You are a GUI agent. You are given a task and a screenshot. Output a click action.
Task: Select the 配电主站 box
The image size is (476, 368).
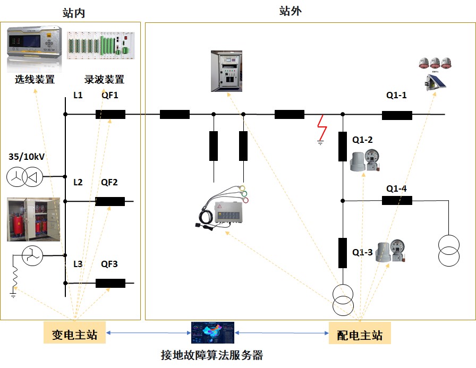(x=360, y=335)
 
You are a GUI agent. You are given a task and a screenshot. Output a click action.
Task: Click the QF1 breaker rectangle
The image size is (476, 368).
(x=110, y=114)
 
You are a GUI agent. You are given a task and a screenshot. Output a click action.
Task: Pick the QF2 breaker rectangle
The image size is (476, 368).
(x=110, y=201)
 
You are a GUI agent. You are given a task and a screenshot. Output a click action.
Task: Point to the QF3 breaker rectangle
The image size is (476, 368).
(x=110, y=283)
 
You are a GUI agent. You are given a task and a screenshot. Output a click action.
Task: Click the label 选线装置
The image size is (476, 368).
(x=35, y=80)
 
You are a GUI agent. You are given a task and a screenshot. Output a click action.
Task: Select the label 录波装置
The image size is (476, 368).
(x=105, y=80)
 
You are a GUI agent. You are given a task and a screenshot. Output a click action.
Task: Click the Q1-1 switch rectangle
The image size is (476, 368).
(x=397, y=115)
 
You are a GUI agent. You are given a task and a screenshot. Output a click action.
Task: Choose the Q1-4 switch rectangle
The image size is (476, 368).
(x=397, y=200)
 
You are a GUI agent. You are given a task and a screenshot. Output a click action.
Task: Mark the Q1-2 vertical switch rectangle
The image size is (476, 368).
(x=343, y=147)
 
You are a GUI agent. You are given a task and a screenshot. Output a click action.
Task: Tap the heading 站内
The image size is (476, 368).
(x=74, y=13)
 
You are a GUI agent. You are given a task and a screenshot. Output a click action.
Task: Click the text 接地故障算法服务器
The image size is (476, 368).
(x=212, y=355)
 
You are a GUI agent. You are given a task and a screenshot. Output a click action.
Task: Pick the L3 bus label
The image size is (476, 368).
(x=78, y=263)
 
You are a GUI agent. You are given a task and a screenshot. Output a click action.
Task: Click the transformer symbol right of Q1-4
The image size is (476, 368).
(x=448, y=250)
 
